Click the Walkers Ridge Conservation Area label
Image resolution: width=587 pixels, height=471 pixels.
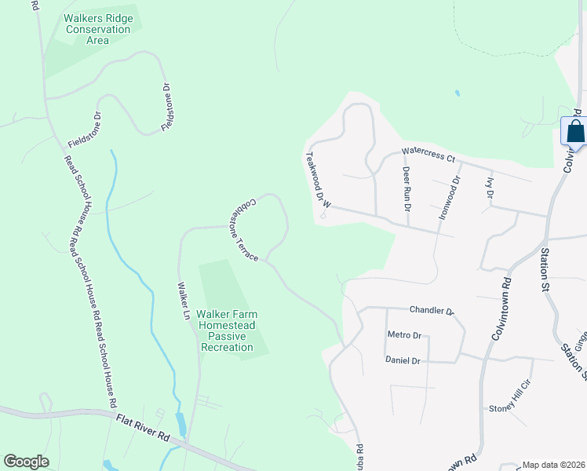[98, 29]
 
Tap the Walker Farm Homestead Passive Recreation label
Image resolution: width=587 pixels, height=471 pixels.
[227, 330]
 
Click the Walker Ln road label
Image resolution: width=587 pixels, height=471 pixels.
[184, 301]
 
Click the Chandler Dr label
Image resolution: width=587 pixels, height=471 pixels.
[429, 311]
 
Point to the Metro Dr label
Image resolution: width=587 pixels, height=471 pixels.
[404, 335]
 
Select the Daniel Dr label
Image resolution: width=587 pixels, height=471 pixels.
[403, 360]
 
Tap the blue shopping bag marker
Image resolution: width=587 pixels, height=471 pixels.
[575, 132]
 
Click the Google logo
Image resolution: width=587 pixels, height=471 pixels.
[26, 461]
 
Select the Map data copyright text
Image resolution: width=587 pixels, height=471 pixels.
[554, 465]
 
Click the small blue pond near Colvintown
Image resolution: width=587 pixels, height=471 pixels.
[457, 93]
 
